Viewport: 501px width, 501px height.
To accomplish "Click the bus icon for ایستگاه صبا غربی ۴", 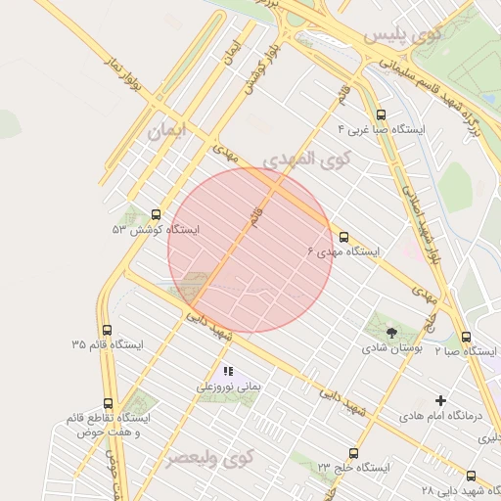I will [381, 114].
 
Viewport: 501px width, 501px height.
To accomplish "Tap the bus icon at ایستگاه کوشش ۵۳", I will [156, 214].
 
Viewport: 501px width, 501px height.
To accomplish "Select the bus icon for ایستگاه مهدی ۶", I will [343, 237].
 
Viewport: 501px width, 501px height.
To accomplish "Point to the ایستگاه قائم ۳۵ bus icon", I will [107, 330].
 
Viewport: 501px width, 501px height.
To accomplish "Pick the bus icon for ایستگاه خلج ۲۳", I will [353, 453].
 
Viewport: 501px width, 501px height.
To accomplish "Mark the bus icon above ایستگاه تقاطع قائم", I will [108, 403].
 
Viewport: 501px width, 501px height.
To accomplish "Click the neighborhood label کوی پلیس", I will [402, 35].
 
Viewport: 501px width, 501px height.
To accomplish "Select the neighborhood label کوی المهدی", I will [304, 159].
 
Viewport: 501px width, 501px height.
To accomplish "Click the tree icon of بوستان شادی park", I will [391, 333].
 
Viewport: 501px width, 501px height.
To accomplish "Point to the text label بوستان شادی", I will [391, 348].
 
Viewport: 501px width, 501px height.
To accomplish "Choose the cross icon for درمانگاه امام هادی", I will [441, 400].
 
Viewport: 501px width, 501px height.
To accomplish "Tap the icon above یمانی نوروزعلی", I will [228, 372].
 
